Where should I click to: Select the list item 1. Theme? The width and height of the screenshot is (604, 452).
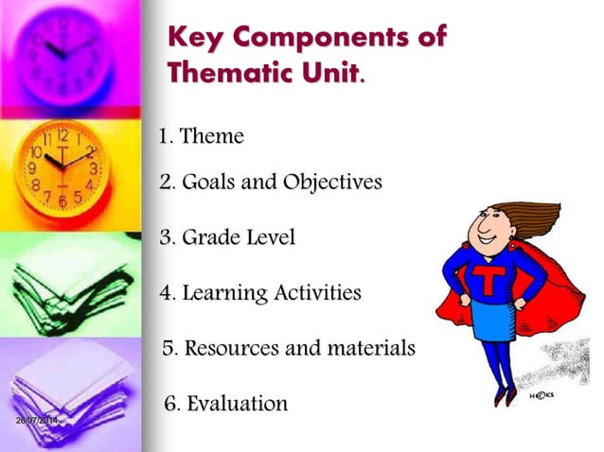click(201, 136)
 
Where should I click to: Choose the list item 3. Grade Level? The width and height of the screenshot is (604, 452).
click(227, 237)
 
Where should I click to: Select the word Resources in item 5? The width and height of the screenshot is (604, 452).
click(231, 348)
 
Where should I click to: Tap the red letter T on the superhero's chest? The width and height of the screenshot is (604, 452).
click(489, 282)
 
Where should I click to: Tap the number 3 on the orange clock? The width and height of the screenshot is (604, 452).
click(93, 168)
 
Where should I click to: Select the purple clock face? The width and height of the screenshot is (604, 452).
click(66, 52)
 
